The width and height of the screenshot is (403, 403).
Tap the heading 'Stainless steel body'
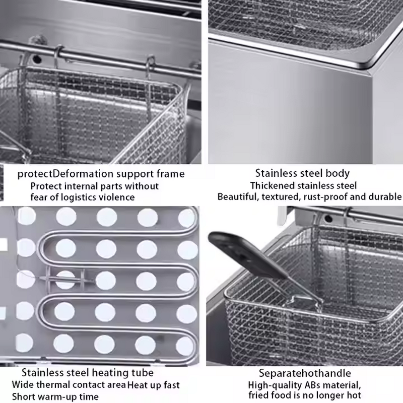click(x=302, y=174)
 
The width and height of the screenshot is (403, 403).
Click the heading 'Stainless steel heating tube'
click(x=87, y=373)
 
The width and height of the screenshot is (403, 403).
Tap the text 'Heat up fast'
click(x=153, y=385)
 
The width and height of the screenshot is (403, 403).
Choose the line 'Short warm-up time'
click(x=55, y=397)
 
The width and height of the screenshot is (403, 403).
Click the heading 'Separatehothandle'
click(x=305, y=373)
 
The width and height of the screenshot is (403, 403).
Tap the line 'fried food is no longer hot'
click(x=305, y=396)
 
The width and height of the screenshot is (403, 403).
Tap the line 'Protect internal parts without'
click(x=94, y=186)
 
